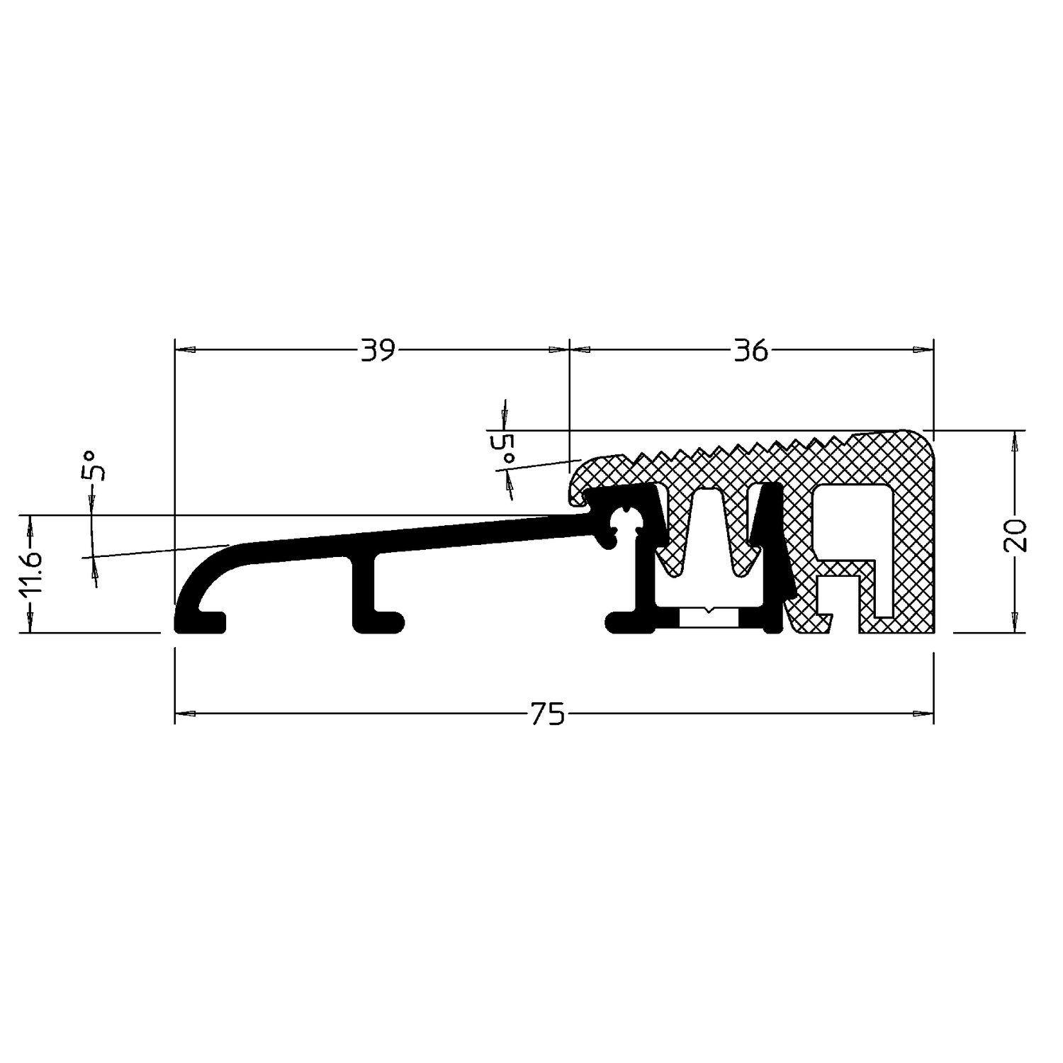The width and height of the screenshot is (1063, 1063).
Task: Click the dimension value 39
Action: click(x=377, y=350)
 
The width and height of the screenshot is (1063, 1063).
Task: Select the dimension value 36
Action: click(x=752, y=350)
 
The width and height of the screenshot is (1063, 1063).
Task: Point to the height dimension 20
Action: click(x=1016, y=535)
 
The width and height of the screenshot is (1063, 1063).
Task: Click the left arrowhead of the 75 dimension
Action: click(x=184, y=714)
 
